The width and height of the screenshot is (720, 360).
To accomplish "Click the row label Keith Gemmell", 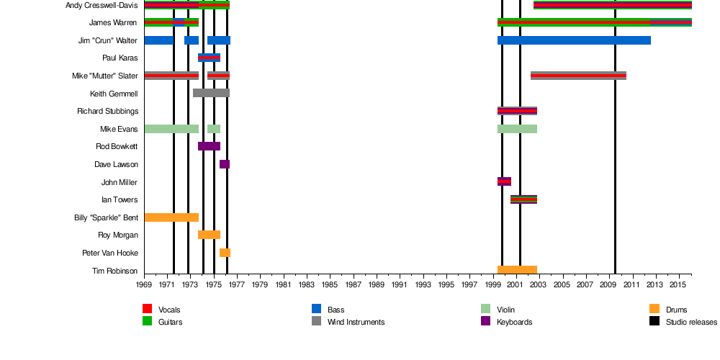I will pyautogui.click(x=114, y=94).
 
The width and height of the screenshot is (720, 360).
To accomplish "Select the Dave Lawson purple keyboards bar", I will pyautogui.click(x=225, y=164).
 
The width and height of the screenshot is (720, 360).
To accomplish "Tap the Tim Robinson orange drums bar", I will pyautogui.click(x=517, y=271).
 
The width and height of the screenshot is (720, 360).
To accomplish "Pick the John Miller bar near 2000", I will pyautogui.click(x=504, y=181).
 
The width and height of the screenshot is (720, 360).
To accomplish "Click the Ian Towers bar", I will pyautogui.click(x=523, y=199).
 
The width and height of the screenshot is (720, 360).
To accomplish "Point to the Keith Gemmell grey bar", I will pyautogui.click(x=211, y=93).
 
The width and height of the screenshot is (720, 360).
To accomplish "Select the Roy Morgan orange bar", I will pyautogui.click(x=209, y=235).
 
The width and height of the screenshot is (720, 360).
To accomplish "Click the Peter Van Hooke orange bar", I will pyautogui.click(x=225, y=253).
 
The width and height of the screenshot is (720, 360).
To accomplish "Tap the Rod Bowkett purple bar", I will pyautogui.click(x=209, y=146).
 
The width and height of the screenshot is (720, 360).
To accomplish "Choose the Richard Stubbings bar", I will pyautogui.click(x=517, y=111).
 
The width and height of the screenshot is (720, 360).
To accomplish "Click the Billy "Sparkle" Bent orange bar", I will pyautogui.click(x=171, y=217).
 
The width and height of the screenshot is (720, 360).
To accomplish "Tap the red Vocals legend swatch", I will pyautogui.click(x=148, y=309).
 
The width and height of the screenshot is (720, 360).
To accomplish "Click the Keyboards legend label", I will pyautogui.click(x=514, y=322).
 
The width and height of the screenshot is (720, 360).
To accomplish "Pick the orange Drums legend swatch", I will pyautogui.click(x=654, y=309).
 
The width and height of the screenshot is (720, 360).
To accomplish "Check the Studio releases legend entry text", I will pyautogui.click(x=691, y=322).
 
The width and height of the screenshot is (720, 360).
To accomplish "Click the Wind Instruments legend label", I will pyautogui.click(x=356, y=322).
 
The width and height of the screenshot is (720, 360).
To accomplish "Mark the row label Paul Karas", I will pyautogui.click(x=120, y=58).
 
